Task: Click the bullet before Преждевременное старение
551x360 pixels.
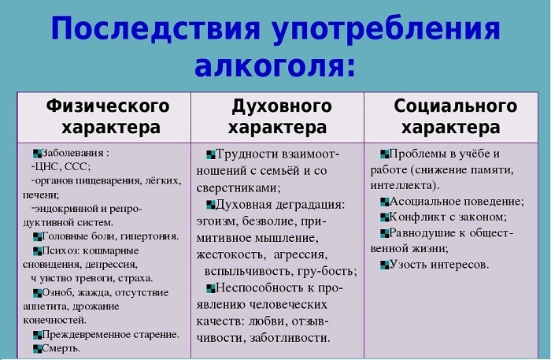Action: [x=36, y=335]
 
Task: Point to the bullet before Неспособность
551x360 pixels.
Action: [x=209, y=288]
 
